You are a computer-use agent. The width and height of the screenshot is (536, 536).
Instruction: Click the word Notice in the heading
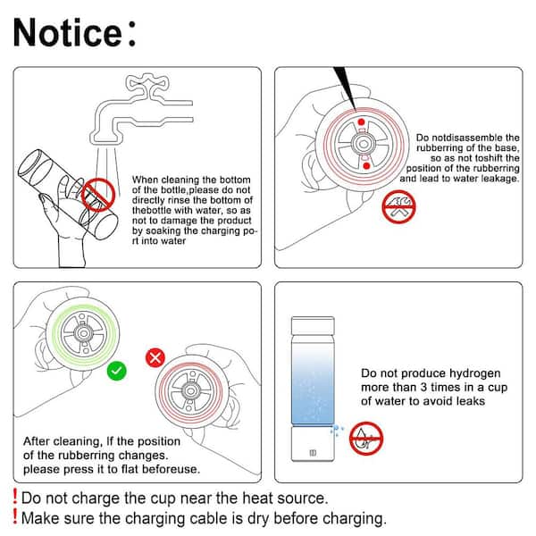click(x=67, y=32)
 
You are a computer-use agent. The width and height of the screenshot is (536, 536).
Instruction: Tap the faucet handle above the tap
click(x=147, y=83)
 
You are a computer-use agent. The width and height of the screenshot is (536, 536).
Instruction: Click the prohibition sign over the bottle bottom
click(x=98, y=195)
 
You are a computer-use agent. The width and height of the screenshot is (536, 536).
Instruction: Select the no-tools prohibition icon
click(x=398, y=207)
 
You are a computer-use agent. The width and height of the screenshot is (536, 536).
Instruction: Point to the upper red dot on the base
click(x=361, y=122)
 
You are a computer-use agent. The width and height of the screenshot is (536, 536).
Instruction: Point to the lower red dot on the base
click(x=366, y=166)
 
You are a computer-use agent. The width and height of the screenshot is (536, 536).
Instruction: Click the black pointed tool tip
click(x=346, y=88)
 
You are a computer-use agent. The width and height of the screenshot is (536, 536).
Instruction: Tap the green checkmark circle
click(x=116, y=371)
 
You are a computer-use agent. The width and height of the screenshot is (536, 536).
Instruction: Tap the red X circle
click(x=155, y=358)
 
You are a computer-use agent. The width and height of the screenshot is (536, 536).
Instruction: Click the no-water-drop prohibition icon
click(x=366, y=439)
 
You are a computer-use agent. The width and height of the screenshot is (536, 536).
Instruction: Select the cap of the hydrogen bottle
click(x=313, y=325)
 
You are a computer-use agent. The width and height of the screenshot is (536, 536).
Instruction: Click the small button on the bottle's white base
click(x=313, y=453)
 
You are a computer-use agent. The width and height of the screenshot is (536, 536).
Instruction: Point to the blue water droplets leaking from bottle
click(x=337, y=431)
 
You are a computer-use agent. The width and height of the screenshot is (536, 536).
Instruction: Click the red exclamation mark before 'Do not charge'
click(x=14, y=497)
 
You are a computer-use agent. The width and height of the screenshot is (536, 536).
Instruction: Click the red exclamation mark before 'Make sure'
click(x=14, y=516)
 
